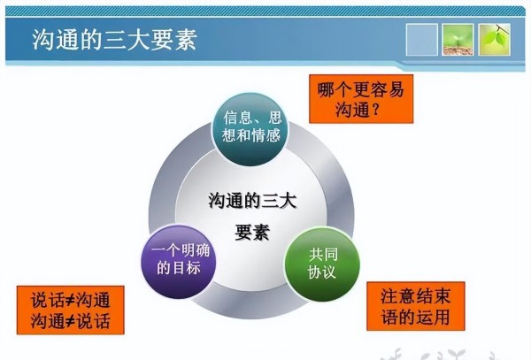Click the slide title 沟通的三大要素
(x=114, y=40)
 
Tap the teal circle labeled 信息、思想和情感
(x=251, y=129)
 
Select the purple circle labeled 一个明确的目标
(x=179, y=262)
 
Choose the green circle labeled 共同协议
(x=322, y=264)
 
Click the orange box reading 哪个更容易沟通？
(x=361, y=99)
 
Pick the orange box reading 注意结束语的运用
(x=416, y=306)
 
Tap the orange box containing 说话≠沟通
(x=71, y=310)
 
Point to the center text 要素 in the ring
(x=252, y=233)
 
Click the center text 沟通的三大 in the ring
(x=252, y=201)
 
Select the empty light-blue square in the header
(x=421, y=40)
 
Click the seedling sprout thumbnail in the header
(x=458, y=40)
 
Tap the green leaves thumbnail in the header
(x=494, y=40)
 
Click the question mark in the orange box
(x=375, y=110)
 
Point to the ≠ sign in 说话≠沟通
(x=70, y=300)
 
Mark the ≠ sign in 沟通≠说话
(x=70, y=321)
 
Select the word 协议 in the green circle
(x=322, y=272)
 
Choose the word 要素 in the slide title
(x=173, y=40)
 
